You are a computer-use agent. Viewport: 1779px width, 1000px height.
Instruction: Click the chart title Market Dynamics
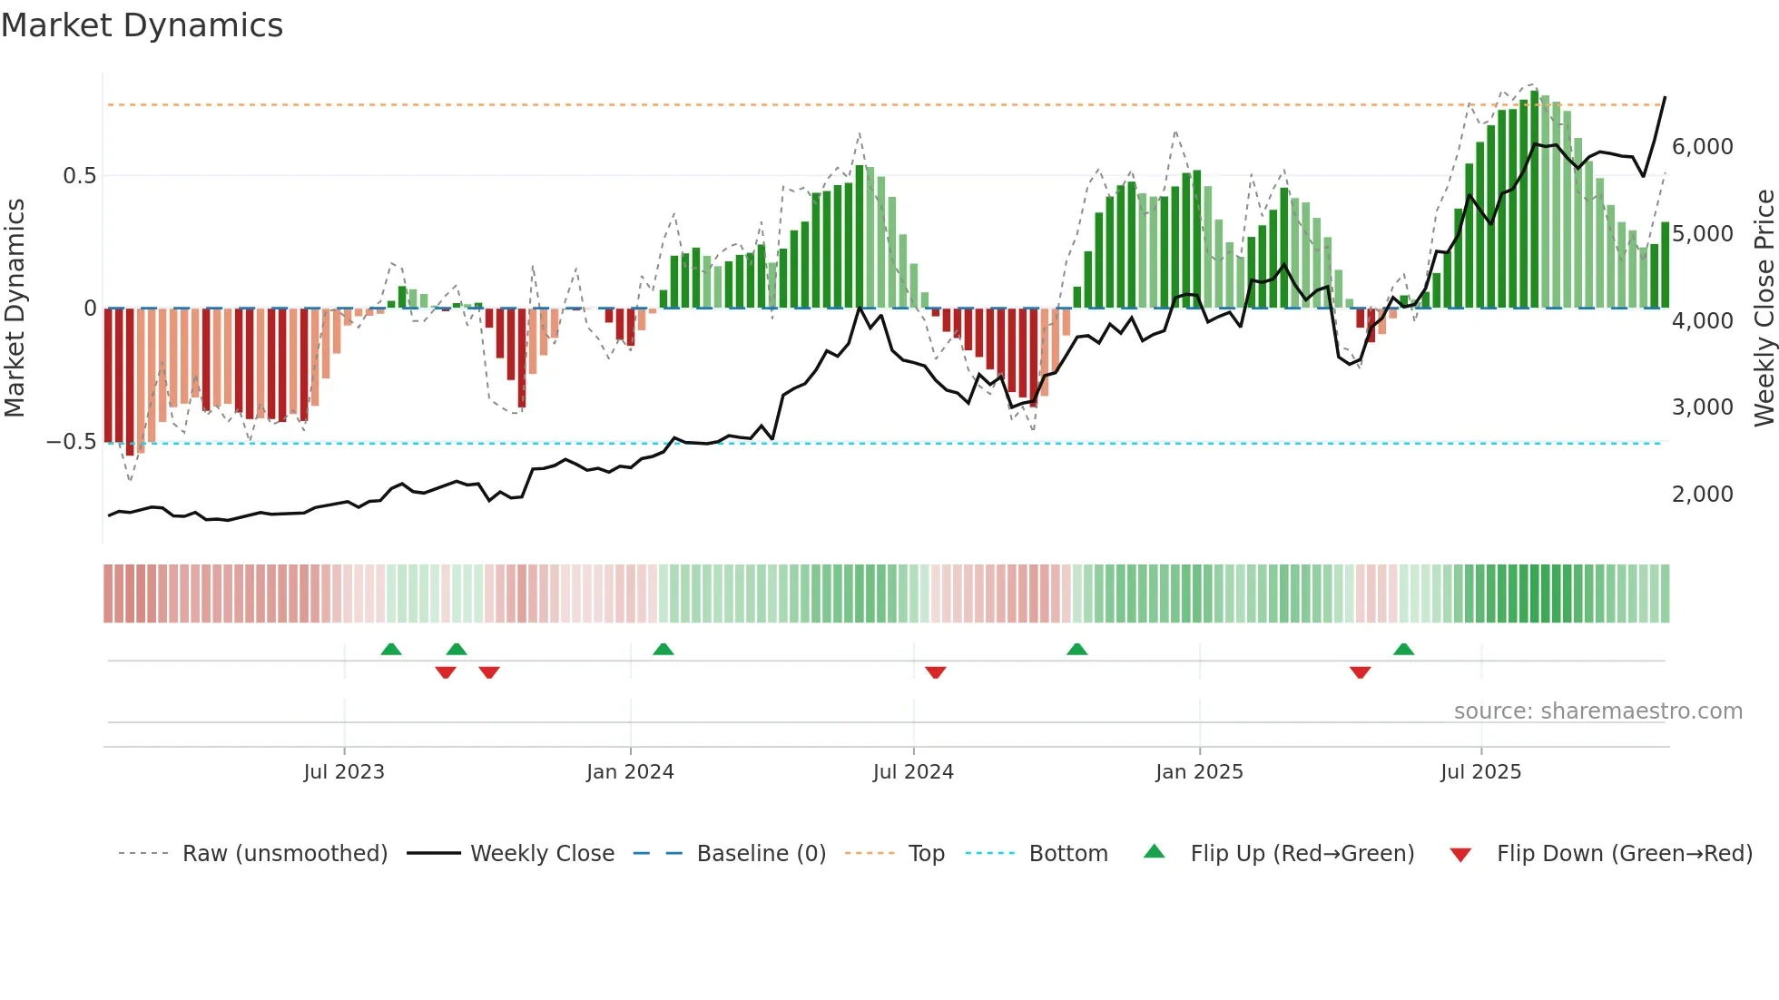coord(142,25)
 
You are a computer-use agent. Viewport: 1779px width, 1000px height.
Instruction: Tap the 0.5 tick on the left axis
coord(79,176)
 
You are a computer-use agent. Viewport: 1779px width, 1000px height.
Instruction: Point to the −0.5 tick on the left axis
coord(72,442)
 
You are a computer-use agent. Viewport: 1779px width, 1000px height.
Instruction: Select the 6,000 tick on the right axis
coord(1702,147)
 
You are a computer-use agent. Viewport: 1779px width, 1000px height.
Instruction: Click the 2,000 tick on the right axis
coord(1702,495)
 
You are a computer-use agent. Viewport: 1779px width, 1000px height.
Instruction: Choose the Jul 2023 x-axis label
coord(344,772)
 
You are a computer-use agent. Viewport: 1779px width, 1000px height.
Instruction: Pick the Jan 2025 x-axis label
coord(1199,772)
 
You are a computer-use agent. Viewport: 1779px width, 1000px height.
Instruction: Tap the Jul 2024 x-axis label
coord(913,772)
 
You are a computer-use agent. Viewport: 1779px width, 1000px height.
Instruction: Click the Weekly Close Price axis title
coord(1764,309)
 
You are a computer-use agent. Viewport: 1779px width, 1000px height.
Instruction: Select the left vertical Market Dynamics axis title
coord(15,309)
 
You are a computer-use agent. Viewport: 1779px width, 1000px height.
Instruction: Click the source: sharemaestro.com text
coord(1597,711)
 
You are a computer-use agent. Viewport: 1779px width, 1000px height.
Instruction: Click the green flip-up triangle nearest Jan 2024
coord(663,650)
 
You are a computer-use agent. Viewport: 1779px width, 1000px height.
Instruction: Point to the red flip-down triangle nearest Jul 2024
coord(936,672)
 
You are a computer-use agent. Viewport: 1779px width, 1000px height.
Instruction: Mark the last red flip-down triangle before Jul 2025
coord(1360,672)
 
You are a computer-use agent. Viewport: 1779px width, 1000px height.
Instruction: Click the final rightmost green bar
coord(1665,265)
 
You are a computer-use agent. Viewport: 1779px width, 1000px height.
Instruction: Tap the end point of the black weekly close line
coord(1665,97)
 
